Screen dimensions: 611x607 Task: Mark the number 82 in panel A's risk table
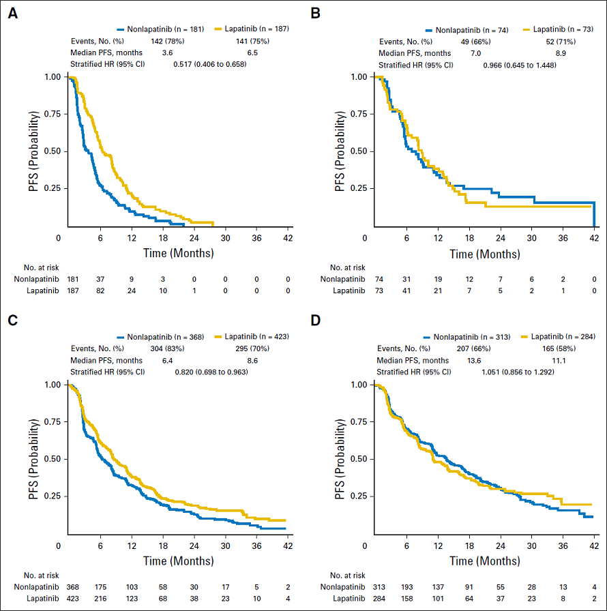click(x=100, y=290)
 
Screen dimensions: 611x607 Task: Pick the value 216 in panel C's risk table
click(x=100, y=597)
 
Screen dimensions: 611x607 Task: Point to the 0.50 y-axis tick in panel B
click(x=358, y=151)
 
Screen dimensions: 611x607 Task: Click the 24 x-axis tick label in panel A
click(x=194, y=237)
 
